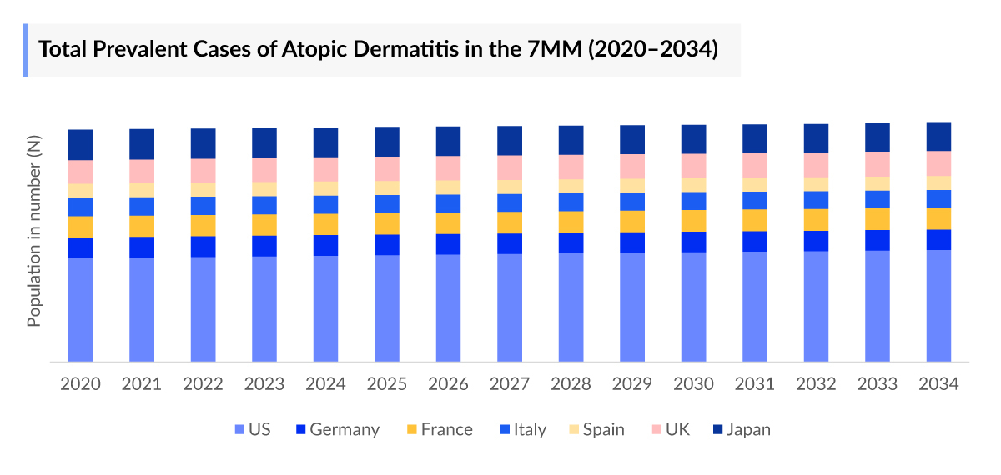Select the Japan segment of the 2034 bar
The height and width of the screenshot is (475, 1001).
938,137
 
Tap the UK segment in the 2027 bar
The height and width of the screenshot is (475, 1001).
510,167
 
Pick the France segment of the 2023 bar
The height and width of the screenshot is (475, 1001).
264,225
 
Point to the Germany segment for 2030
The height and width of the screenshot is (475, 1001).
693,242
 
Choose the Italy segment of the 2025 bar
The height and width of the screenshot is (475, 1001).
387,204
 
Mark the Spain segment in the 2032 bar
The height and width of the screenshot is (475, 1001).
816,184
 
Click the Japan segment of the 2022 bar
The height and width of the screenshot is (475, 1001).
203,143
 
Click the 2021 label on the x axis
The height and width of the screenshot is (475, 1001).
142,384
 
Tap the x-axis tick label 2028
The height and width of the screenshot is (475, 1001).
571,384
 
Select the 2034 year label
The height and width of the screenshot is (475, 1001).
938,384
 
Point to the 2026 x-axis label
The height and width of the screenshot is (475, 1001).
449,384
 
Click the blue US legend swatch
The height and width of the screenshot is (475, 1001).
241,430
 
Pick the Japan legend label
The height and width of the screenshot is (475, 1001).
748,430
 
